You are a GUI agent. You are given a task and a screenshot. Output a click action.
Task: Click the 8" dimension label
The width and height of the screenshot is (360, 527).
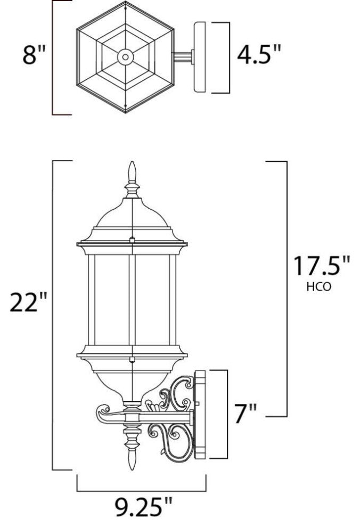coord(34,55)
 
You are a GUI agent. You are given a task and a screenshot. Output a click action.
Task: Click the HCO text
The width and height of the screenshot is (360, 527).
coord(319,287)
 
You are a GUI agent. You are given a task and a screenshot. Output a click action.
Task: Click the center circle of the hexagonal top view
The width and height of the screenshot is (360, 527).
coord(126,56)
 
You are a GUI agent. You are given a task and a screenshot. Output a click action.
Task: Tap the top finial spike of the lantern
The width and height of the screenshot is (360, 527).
coord(132,173)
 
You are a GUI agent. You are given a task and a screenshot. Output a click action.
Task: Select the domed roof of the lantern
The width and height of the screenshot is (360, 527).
coord(132,218)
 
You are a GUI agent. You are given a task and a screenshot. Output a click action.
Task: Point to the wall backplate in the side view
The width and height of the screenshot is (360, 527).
coord(201,415)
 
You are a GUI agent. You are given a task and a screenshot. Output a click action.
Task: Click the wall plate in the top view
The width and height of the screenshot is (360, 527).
coord(200,57)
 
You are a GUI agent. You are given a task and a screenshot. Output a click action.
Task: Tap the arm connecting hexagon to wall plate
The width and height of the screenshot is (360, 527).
coord(184,56)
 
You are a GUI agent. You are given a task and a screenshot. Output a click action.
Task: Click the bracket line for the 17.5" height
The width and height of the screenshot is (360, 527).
coord(287,287)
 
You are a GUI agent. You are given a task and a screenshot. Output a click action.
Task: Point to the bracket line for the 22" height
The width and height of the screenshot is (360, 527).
coord(53,314)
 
